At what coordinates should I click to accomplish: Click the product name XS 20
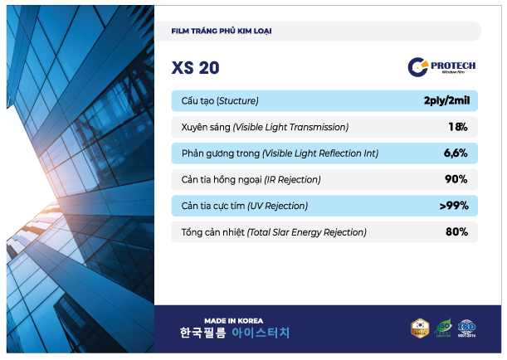pyautogui.click(x=195, y=67)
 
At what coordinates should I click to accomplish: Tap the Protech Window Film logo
pyautogui.click(x=442, y=66)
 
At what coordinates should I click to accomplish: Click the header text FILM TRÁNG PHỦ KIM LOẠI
pyautogui.click(x=222, y=32)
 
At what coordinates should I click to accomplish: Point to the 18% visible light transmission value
pyautogui.click(x=457, y=127)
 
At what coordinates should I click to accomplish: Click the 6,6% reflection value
pyautogui.click(x=456, y=153)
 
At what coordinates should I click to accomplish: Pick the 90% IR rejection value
pyautogui.click(x=456, y=179)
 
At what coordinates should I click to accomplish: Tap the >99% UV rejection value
pyautogui.click(x=453, y=206)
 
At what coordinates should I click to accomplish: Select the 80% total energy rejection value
pyautogui.click(x=456, y=231)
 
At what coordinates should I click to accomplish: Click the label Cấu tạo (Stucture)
pyautogui.click(x=220, y=101)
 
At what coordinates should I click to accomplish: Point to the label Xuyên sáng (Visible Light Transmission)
pyautogui.click(x=264, y=127)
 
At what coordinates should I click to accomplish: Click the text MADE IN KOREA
pyautogui.click(x=235, y=320)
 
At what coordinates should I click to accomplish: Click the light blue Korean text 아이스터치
pyautogui.click(x=261, y=334)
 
